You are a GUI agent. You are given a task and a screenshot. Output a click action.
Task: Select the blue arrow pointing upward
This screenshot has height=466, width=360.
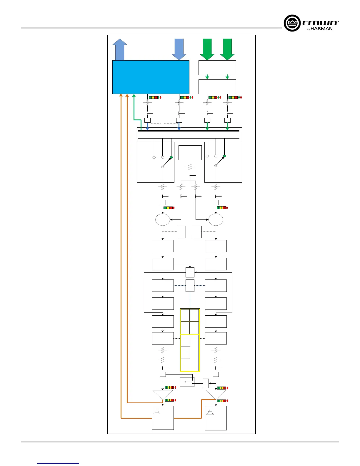pos(120,49)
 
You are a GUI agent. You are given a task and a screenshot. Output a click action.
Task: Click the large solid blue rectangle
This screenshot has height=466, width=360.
pos(151,77)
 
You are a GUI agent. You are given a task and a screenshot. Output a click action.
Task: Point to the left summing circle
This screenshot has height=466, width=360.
pos(163,219)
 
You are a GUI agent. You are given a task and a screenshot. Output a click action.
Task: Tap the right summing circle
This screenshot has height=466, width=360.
pos(216,219)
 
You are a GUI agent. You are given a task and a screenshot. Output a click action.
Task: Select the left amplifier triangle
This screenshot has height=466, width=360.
pos(163,395)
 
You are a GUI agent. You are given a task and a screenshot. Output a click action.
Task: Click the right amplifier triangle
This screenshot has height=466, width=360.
pos(216,395)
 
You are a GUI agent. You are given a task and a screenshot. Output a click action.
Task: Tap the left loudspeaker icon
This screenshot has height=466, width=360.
pos(157,412)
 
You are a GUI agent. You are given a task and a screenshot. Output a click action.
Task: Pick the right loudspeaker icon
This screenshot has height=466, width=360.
pos(210,412)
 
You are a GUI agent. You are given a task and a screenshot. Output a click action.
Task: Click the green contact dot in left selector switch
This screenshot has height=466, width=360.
pos(171,157)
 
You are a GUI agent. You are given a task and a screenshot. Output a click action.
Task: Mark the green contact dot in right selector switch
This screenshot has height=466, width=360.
pos(224,156)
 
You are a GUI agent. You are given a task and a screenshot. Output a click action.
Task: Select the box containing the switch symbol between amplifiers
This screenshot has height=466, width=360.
pos(187,382)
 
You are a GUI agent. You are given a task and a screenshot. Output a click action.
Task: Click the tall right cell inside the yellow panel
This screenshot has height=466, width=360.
pos(195,353)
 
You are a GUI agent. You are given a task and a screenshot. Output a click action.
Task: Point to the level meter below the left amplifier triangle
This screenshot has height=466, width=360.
pos(170,400)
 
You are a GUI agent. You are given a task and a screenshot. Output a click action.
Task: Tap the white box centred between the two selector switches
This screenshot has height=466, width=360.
pos(190,153)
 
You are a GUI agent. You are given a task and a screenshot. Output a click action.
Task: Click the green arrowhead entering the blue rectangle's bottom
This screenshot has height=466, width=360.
pos(134,96)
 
